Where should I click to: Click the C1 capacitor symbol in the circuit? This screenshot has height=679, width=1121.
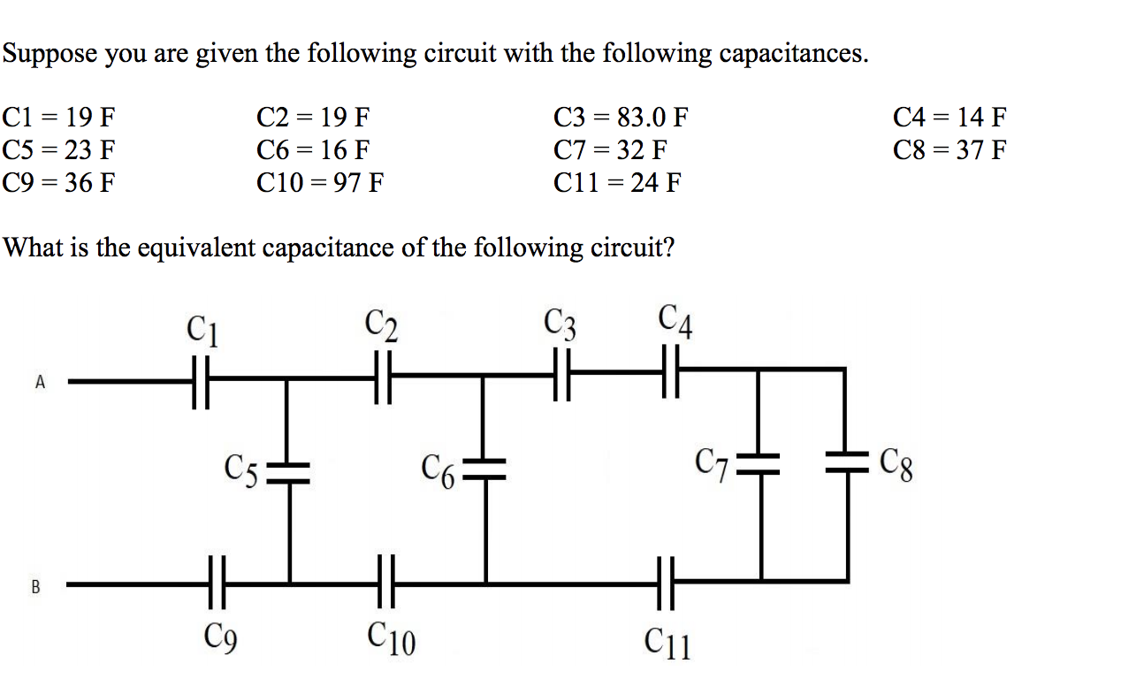(202, 382)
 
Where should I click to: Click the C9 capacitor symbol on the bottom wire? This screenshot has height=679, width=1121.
(216, 583)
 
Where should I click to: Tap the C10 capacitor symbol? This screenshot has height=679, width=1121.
(385, 583)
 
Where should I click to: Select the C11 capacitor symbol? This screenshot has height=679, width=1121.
(666, 583)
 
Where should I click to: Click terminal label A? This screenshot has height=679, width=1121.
(39, 382)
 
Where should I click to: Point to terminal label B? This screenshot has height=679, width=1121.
(35, 585)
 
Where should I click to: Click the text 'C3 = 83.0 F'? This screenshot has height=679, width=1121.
(621, 117)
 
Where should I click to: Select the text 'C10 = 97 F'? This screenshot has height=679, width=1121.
(320, 183)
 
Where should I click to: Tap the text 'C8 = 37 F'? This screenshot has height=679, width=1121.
(949, 150)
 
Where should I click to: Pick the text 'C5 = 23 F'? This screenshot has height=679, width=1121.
(59, 150)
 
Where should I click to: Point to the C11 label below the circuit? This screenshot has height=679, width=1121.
(668, 643)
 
